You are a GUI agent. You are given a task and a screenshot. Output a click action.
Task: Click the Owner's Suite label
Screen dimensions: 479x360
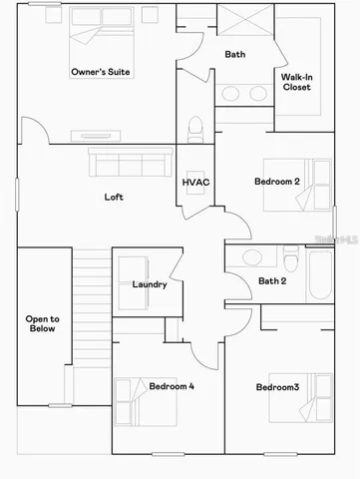[102, 72]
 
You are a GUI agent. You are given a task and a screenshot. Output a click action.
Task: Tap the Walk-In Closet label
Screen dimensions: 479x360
[296, 82]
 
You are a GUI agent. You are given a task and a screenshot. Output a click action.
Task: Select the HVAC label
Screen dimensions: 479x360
[193, 184]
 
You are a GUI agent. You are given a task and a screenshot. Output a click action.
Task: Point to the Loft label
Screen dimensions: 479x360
[115, 197]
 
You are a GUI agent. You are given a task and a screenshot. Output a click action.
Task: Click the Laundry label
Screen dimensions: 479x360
[150, 284]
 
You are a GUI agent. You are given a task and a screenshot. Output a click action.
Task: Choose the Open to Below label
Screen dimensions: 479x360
[42, 324]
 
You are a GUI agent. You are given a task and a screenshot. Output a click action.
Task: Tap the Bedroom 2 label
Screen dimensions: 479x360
[277, 182]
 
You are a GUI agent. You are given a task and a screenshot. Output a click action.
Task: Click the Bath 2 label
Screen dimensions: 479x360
[272, 281]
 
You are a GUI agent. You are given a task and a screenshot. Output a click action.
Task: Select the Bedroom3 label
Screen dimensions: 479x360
[277, 387]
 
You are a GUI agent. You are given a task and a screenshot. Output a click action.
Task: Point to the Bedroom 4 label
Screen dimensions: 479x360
[172, 385]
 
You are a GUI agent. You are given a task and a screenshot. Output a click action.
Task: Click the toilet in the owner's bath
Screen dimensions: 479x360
[195, 130]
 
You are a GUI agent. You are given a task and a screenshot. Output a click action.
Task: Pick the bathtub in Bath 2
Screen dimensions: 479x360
[320, 274]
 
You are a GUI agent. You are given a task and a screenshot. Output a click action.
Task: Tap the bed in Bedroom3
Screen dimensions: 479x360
[318, 397]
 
